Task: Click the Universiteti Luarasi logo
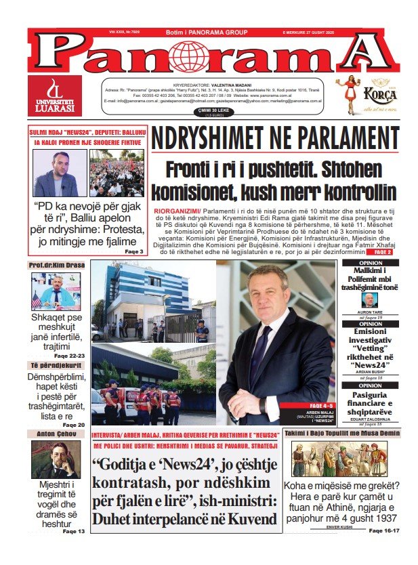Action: coord(54,96)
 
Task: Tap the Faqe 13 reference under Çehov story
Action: coord(74,531)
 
